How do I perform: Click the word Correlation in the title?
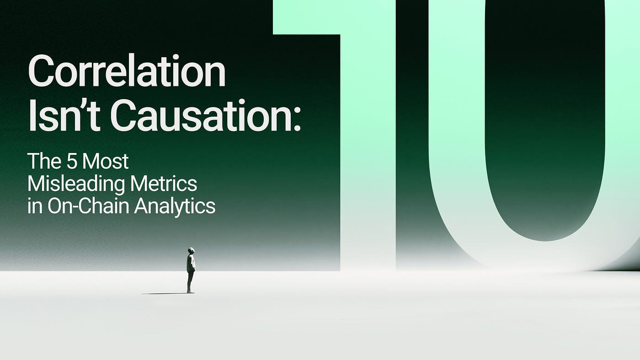pos(127,70)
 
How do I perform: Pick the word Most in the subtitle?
pos(105,161)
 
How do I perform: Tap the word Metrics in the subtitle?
pos(164,184)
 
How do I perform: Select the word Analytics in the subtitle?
pos(175,207)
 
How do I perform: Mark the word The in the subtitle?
pos(44,161)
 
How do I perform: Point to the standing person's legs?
pos(191,281)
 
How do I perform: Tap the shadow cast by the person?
pos(165,293)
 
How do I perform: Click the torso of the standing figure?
pos(191,263)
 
